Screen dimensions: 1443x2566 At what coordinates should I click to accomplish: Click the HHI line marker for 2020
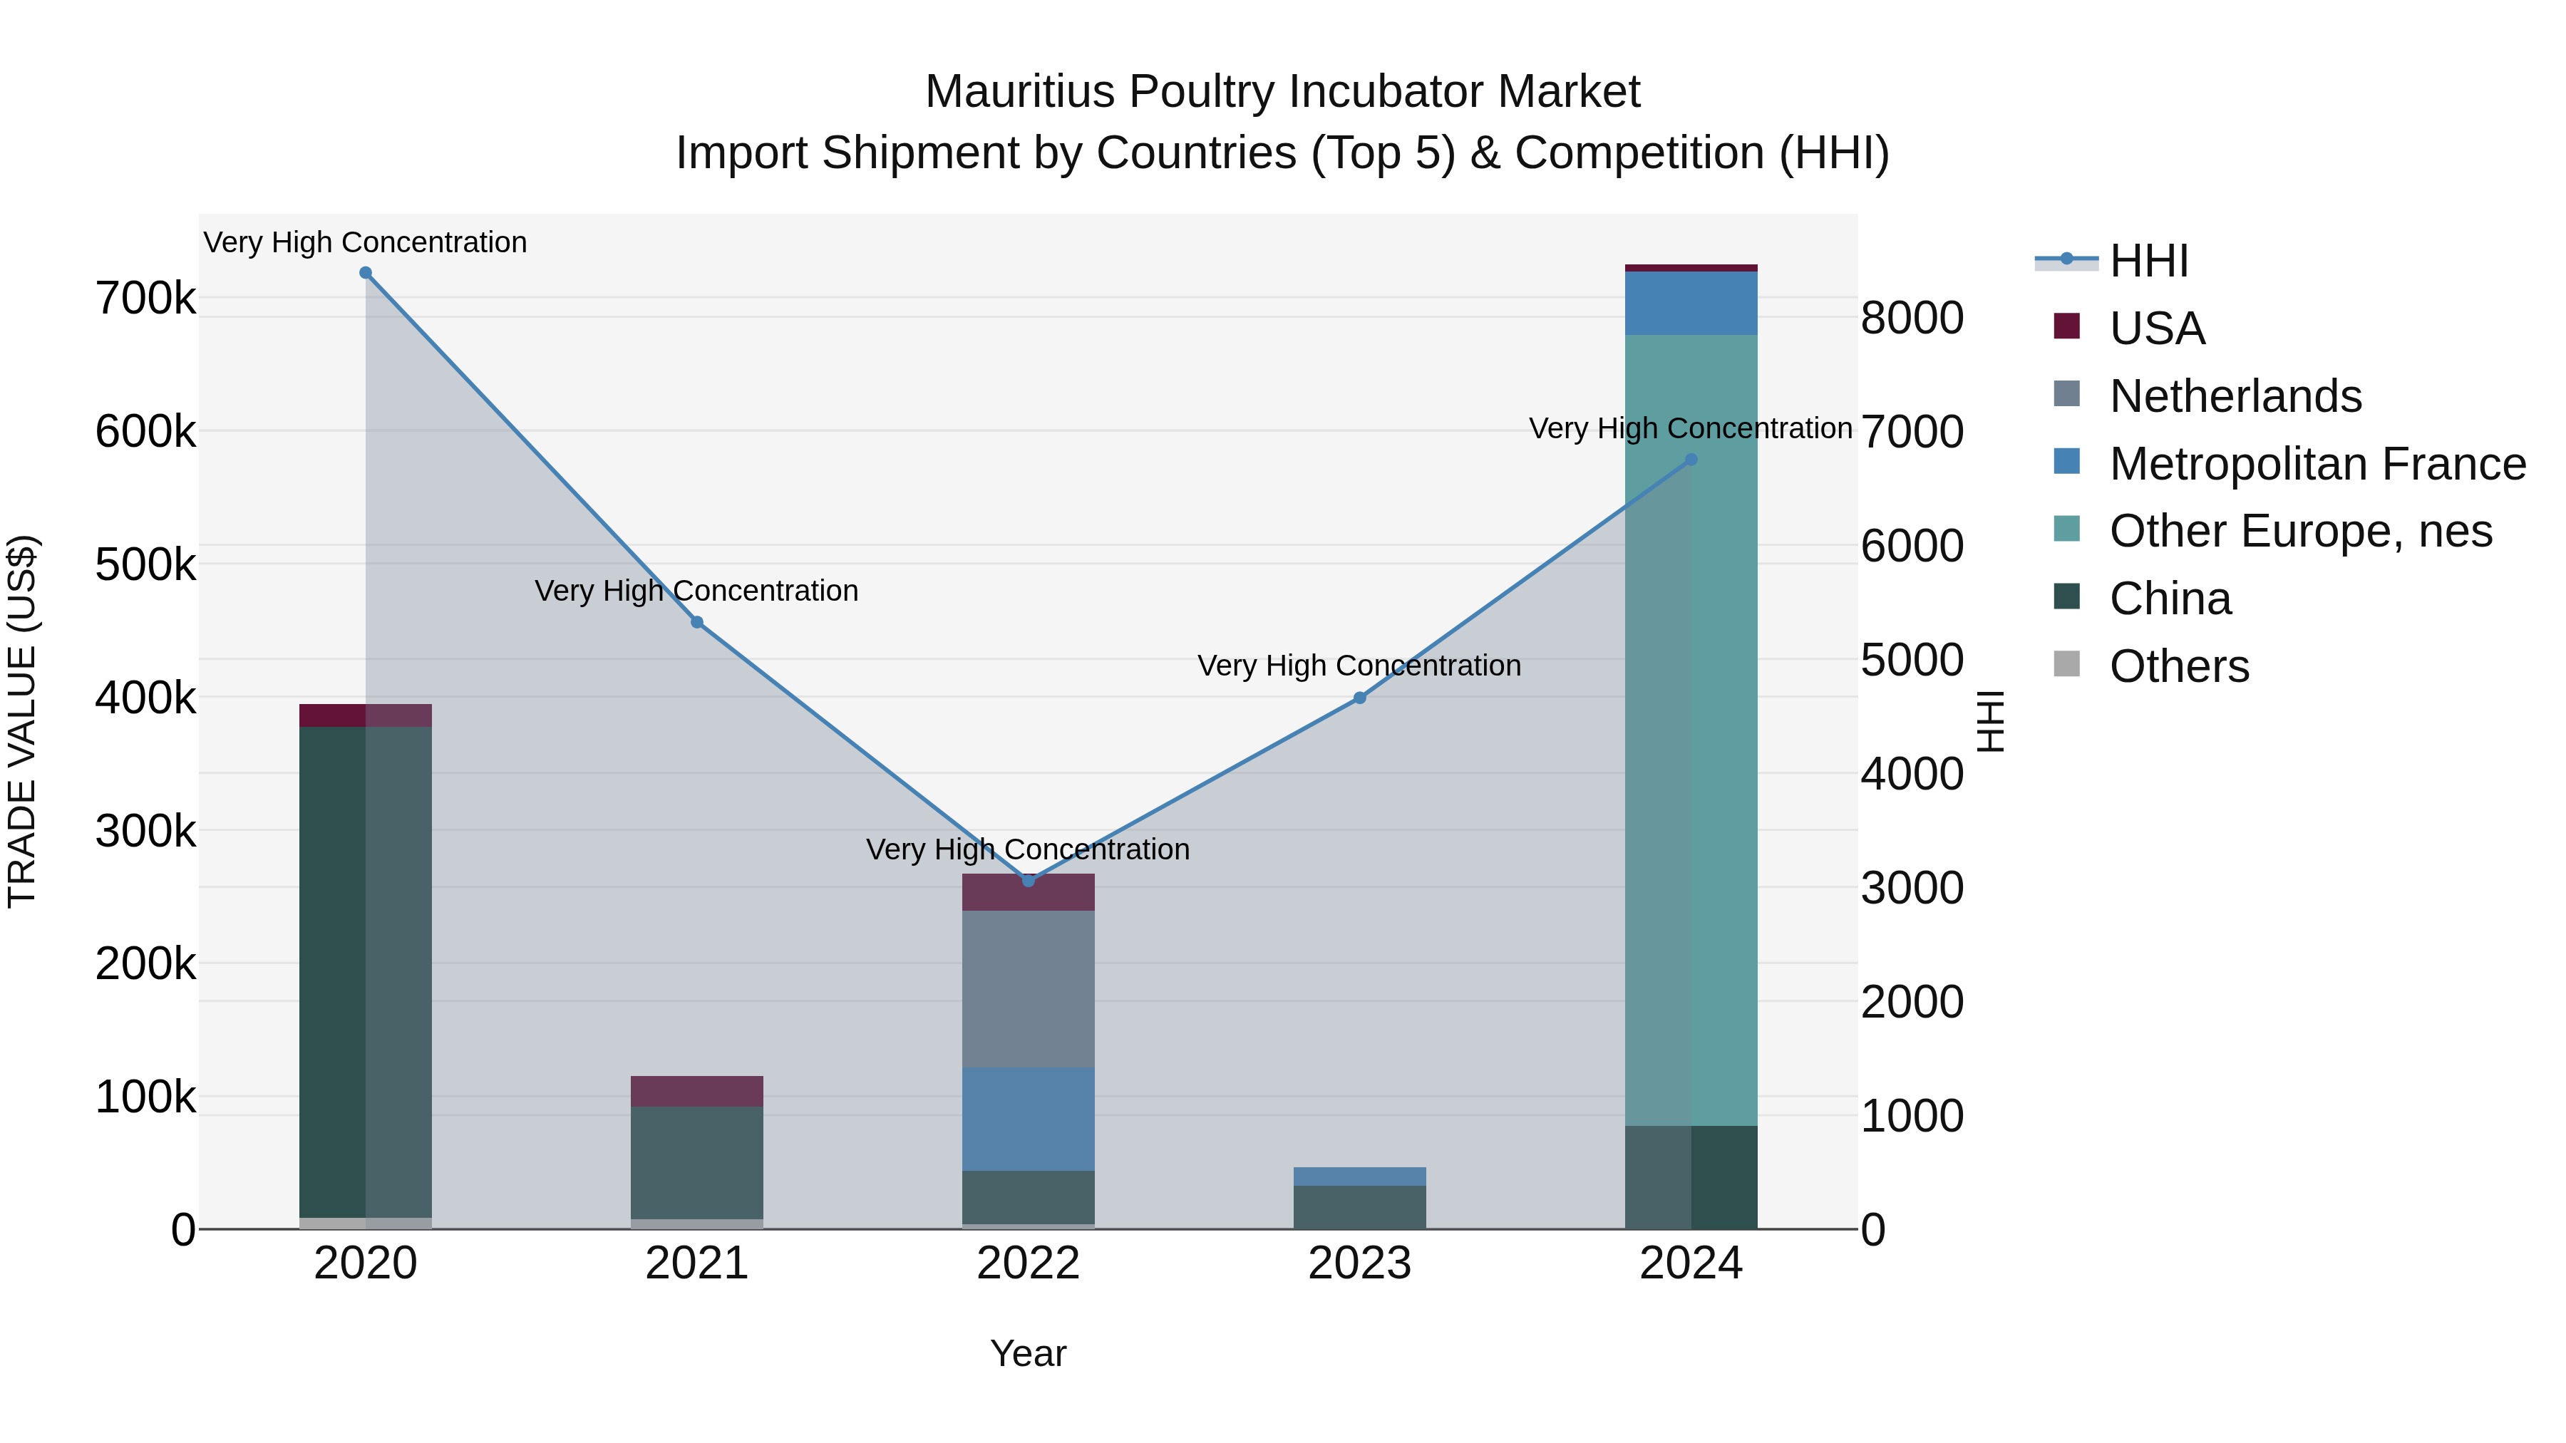pos(366,273)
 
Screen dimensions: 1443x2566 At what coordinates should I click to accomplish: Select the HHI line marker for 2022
pos(1028,880)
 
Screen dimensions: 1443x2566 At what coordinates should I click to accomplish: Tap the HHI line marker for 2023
pos(1360,698)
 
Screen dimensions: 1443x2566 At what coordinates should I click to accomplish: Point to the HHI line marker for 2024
pos(1691,460)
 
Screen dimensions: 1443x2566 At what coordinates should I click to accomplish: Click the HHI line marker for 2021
pos(697,622)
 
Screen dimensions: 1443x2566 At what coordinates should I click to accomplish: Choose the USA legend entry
pos(2157,329)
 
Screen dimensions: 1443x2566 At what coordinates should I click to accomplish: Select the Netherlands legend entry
pos(2235,396)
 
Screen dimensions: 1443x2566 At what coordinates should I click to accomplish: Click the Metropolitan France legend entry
pos(2317,464)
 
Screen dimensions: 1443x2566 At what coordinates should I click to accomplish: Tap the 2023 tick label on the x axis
pos(1360,1263)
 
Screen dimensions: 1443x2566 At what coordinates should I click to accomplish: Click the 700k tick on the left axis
pos(145,298)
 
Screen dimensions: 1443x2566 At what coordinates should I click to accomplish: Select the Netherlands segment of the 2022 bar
pos(1028,989)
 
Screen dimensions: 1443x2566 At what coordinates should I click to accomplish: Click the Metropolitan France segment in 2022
pos(1028,1119)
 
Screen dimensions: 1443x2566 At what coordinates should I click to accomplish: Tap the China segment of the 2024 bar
pos(1691,1177)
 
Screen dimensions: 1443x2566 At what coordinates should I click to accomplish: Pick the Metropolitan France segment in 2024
pos(1691,304)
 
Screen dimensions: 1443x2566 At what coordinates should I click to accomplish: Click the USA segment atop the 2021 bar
pos(697,1092)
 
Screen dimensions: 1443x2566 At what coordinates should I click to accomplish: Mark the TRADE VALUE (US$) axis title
pos(23,721)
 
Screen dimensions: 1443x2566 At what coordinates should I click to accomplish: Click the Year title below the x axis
pos(1028,1355)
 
